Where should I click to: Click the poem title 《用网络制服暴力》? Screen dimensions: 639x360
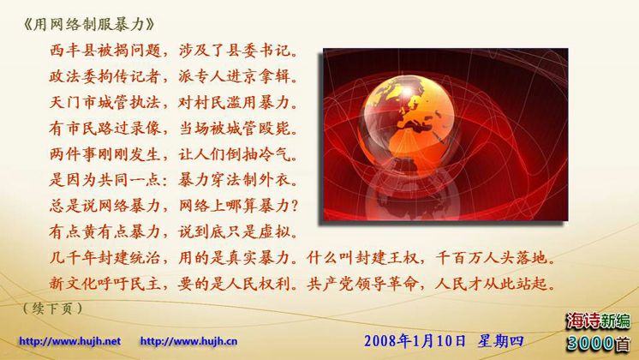coord(89,25)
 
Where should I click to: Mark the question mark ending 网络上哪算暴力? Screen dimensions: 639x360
coord(295,206)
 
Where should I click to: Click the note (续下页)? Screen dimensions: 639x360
coord(53,309)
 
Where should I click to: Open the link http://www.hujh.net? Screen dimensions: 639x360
coord(69,341)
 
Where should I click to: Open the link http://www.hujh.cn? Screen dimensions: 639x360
coord(188,341)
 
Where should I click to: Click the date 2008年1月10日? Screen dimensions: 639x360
coord(415,341)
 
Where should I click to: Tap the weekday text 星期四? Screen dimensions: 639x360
coord(501,341)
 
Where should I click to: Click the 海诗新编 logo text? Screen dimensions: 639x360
coord(598,321)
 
